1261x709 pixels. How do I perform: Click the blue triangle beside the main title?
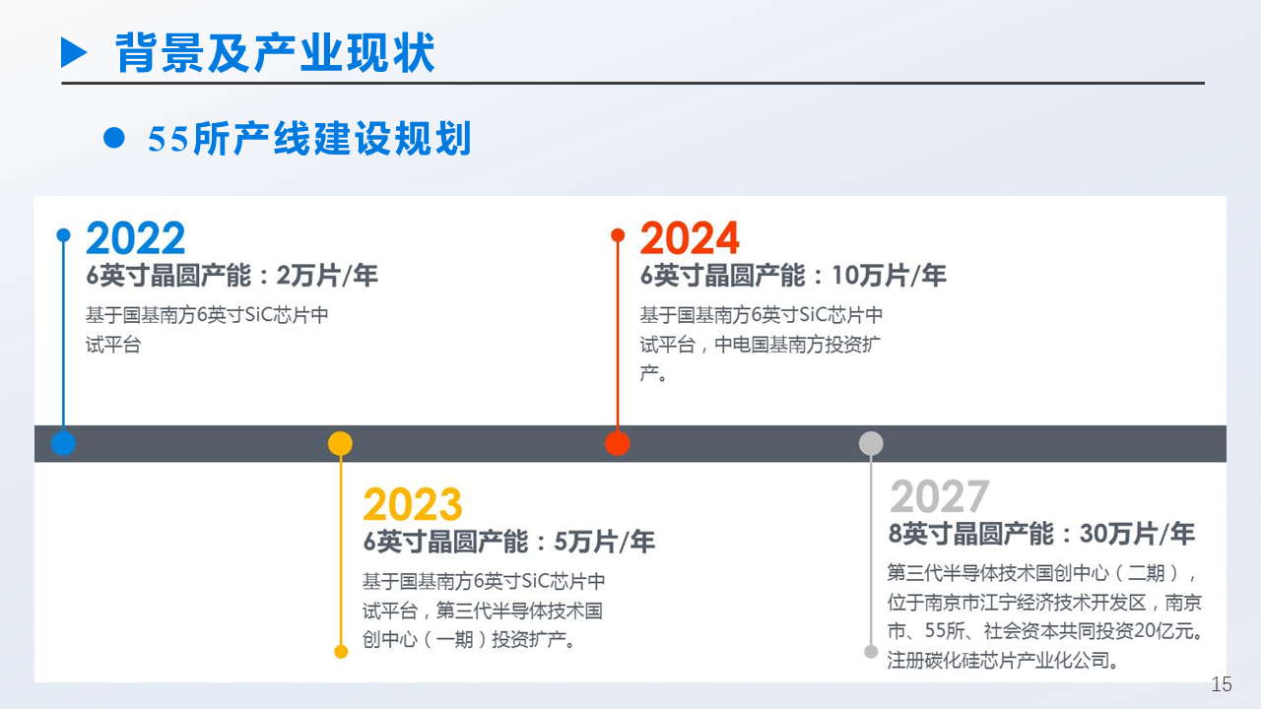tap(74, 52)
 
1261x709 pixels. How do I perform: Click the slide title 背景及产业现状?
tap(275, 52)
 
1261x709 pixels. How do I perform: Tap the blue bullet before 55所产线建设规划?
tap(114, 139)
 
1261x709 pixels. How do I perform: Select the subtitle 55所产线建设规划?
tap(309, 139)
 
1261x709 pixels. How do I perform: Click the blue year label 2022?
tap(135, 238)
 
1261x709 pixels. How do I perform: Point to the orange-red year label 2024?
tap(690, 238)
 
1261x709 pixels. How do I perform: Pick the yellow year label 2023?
tap(412, 505)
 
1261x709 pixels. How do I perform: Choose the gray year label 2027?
tap(939, 497)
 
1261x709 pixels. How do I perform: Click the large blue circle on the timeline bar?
tap(63, 443)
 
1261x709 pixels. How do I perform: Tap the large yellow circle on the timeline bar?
tap(340, 443)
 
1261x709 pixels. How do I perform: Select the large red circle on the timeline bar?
tap(618, 443)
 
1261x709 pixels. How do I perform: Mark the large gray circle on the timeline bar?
tap(871, 443)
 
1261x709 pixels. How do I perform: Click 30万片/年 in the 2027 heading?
tap(1137, 535)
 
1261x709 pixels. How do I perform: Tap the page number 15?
tap(1222, 684)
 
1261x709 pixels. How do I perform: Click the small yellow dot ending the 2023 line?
tap(341, 652)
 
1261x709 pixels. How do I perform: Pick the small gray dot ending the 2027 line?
tap(871, 652)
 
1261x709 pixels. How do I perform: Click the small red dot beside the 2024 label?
tap(618, 235)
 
